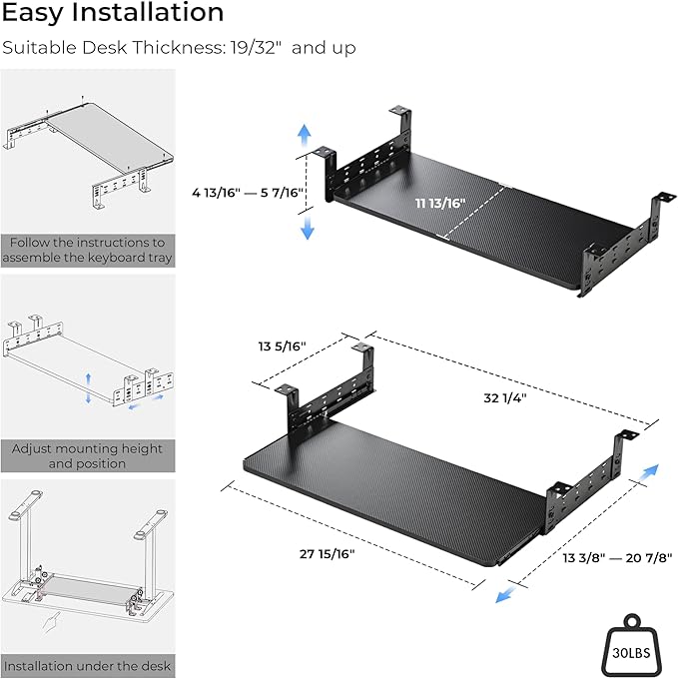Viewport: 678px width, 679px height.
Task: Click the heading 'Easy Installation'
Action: tap(112, 14)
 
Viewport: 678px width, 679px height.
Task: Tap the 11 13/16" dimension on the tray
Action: tap(440, 203)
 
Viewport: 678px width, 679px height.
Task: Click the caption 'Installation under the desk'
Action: tap(87, 665)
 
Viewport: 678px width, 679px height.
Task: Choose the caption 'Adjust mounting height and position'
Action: tap(87, 456)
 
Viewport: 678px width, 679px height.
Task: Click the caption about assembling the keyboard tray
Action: tap(87, 250)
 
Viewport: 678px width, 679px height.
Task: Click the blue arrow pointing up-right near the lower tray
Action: tap(651, 471)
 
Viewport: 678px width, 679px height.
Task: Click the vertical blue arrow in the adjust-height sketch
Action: tap(89, 385)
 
